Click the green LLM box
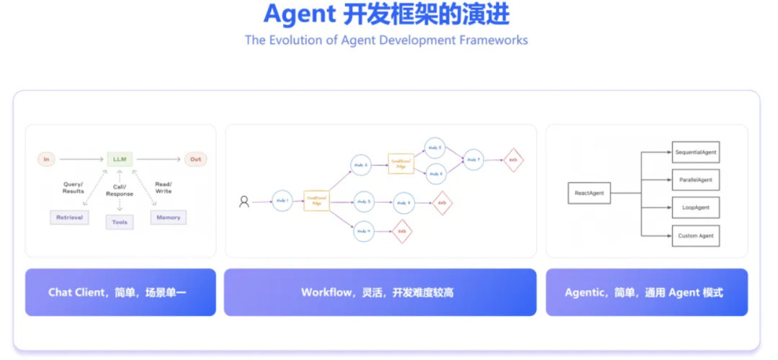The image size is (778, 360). [x=120, y=159]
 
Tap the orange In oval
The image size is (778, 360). [x=47, y=159]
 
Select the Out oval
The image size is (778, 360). [x=195, y=159]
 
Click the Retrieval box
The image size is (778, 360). [x=70, y=217]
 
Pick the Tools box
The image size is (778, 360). [x=120, y=222]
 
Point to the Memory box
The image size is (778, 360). [x=169, y=217]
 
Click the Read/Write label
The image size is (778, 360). [x=164, y=188]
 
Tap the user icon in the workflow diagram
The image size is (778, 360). [x=244, y=202]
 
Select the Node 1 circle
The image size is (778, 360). [x=282, y=201]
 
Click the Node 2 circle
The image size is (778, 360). [x=361, y=164]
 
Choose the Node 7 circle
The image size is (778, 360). [x=473, y=160]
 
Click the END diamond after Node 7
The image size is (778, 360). [x=513, y=160]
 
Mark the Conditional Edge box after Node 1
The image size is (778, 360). [x=317, y=200]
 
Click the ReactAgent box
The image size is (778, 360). [x=589, y=193]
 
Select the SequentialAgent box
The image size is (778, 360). [x=695, y=152]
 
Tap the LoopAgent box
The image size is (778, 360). [x=695, y=207]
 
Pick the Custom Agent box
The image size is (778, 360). [x=695, y=235]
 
